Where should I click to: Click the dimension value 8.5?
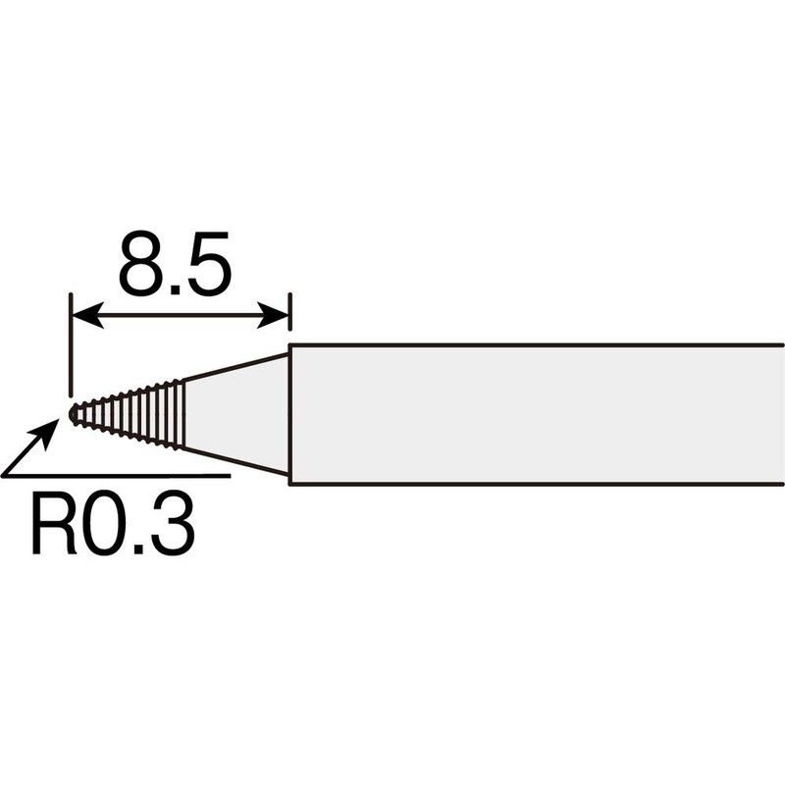[x=176, y=263]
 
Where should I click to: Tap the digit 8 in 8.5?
[x=140, y=263]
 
